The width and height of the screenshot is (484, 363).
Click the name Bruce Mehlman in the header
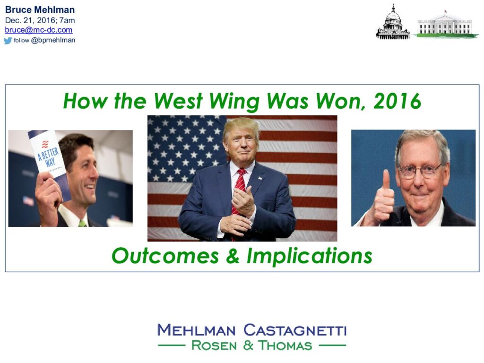pos(40,9)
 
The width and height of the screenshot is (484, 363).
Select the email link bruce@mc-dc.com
pos(39,30)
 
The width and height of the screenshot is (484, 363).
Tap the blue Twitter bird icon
pos(8,41)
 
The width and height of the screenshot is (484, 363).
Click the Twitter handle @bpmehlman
pos(53,40)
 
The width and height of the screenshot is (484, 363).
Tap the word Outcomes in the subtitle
pos(165,256)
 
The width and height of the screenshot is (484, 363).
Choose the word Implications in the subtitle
pos(309,257)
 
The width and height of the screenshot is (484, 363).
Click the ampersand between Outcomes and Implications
pos(233,256)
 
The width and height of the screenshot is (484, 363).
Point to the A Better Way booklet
pos(49,157)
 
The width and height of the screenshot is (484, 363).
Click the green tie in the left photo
pos(82,223)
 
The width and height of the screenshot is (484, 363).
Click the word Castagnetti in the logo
pos(295,330)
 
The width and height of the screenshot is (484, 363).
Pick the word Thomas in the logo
pos(285,346)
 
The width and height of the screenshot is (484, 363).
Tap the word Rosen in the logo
pos(214,346)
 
